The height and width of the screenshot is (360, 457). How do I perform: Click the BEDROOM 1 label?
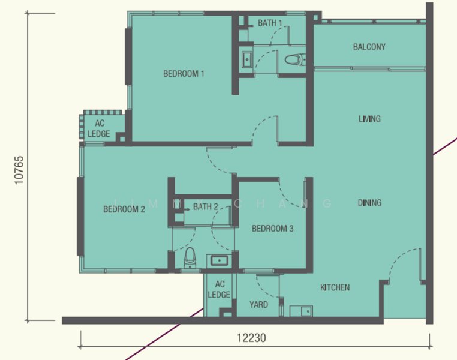(x=184, y=73)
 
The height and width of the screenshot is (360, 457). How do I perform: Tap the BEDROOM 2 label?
(x=124, y=209)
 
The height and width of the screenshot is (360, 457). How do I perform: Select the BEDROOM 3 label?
(x=272, y=229)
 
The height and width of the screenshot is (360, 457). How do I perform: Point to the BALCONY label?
(x=369, y=47)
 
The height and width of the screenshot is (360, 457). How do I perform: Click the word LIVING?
(x=369, y=119)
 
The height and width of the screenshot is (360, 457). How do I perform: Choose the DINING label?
(x=369, y=203)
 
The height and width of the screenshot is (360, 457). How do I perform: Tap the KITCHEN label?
(x=335, y=288)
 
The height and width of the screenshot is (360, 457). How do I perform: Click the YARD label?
(x=259, y=305)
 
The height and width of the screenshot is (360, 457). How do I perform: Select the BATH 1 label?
(x=270, y=23)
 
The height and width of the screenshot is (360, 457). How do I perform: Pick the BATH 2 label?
(x=206, y=206)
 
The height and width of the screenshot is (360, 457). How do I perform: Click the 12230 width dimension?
(x=251, y=338)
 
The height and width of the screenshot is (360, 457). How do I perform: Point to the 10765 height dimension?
(x=19, y=170)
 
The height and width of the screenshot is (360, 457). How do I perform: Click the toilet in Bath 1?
(x=295, y=60)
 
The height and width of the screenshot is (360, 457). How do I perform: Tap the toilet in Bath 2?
(x=190, y=257)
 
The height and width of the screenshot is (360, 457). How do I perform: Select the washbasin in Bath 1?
(x=247, y=59)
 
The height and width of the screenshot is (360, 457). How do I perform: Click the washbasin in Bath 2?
(x=219, y=260)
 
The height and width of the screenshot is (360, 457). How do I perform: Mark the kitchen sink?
(x=306, y=311)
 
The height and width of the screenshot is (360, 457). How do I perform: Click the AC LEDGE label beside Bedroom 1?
(x=99, y=128)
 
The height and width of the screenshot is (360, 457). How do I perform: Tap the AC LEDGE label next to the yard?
(x=219, y=289)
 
